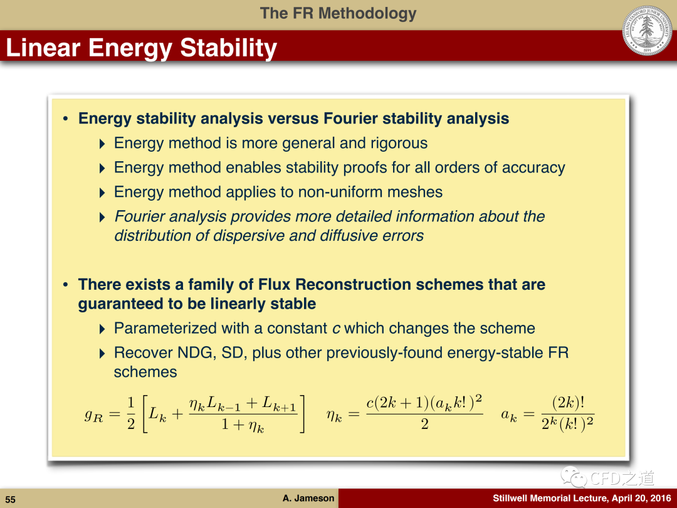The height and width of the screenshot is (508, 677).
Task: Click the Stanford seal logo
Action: (647, 31)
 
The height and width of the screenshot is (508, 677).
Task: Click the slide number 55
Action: (11, 499)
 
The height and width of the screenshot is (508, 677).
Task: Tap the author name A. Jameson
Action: (308, 498)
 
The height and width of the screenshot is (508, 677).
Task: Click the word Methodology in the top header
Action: (367, 13)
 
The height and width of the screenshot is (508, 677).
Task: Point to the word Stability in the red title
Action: (228, 48)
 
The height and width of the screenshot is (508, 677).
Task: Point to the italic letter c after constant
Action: (336, 329)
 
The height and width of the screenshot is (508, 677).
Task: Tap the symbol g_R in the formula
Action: (93, 415)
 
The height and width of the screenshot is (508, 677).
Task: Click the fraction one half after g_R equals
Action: (131, 413)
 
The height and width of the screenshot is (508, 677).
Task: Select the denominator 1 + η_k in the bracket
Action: (243, 425)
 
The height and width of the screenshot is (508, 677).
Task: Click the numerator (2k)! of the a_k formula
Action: (568, 403)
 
